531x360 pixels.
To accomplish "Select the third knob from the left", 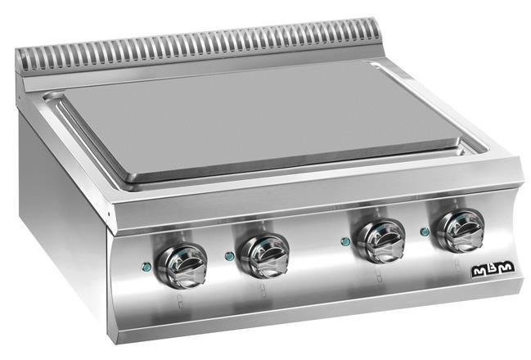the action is point(381,241).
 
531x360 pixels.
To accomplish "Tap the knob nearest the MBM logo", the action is point(461,230).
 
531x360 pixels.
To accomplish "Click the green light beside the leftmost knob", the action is point(146,268).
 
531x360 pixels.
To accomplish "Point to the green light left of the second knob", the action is point(230,256).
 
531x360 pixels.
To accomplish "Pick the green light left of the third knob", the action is point(345,241).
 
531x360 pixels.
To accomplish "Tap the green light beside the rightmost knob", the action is point(425,232).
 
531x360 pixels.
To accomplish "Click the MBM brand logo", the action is point(493,269).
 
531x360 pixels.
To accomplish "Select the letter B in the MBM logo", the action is point(493,269).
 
